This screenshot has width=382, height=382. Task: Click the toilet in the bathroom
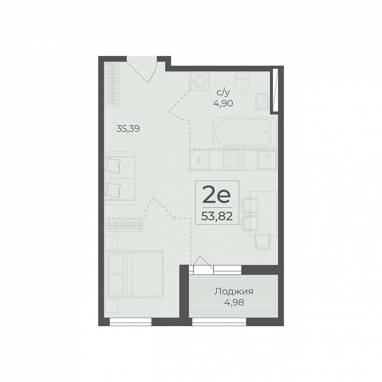(242, 83)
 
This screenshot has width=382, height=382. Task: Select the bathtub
(245, 133)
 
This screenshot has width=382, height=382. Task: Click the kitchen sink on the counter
(267, 160)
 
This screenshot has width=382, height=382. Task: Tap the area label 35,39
(128, 129)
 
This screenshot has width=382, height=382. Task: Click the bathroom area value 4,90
(223, 103)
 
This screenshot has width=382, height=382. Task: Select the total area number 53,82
(217, 216)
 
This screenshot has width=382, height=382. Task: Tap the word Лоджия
(234, 291)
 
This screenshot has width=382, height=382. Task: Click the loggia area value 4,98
(234, 302)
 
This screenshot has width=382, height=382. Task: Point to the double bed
(134, 274)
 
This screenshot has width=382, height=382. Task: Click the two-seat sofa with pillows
(120, 178)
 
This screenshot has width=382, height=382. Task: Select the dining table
(264, 214)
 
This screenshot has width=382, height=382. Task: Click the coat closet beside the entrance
(112, 84)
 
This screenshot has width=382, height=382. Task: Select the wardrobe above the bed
(124, 225)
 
